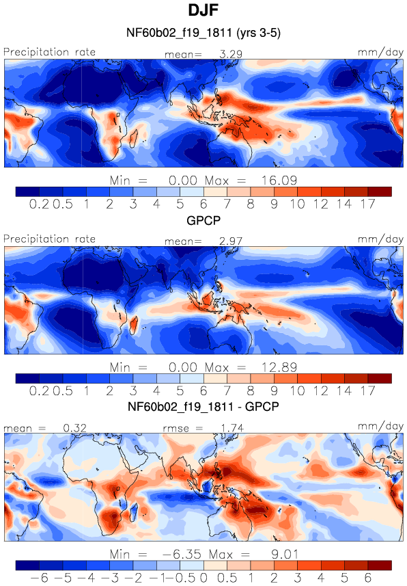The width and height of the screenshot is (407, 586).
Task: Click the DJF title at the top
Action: pyautogui.click(x=203, y=10)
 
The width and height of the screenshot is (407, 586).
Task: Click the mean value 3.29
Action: pyautogui.click(x=231, y=54)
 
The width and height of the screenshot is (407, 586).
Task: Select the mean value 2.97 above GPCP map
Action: pyautogui.click(x=231, y=241)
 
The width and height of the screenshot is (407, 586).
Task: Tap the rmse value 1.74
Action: pyautogui.click(x=232, y=428)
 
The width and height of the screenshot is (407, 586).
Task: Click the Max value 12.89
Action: pyautogui.click(x=279, y=367)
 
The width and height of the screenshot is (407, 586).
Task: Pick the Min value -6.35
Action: pyautogui.click(x=182, y=555)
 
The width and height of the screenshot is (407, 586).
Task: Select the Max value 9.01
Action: pyautogui.click(x=285, y=555)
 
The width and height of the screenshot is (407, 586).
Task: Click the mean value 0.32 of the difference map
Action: pyautogui.click(x=74, y=428)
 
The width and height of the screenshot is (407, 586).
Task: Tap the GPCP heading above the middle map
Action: pyautogui.click(x=203, y=220)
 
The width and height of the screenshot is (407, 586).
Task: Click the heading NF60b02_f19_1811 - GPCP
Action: pyautogui.click(x=203, y=406)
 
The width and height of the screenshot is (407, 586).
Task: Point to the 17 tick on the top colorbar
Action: pyautogui.click(x=368, y=204)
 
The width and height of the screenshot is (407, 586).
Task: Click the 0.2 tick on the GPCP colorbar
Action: pyautogui.click(x=39, y=391)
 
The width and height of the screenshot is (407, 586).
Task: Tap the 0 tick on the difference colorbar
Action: pyautogui.click(x=203, y=578)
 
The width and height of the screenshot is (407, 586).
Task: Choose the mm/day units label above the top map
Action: pyautogui.click(x=380, y=53)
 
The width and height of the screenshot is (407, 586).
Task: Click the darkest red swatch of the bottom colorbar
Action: pyautogui.click(x=380, y=565)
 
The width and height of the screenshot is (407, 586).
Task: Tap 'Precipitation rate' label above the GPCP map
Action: pyautogui.click(x=50, y=239)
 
